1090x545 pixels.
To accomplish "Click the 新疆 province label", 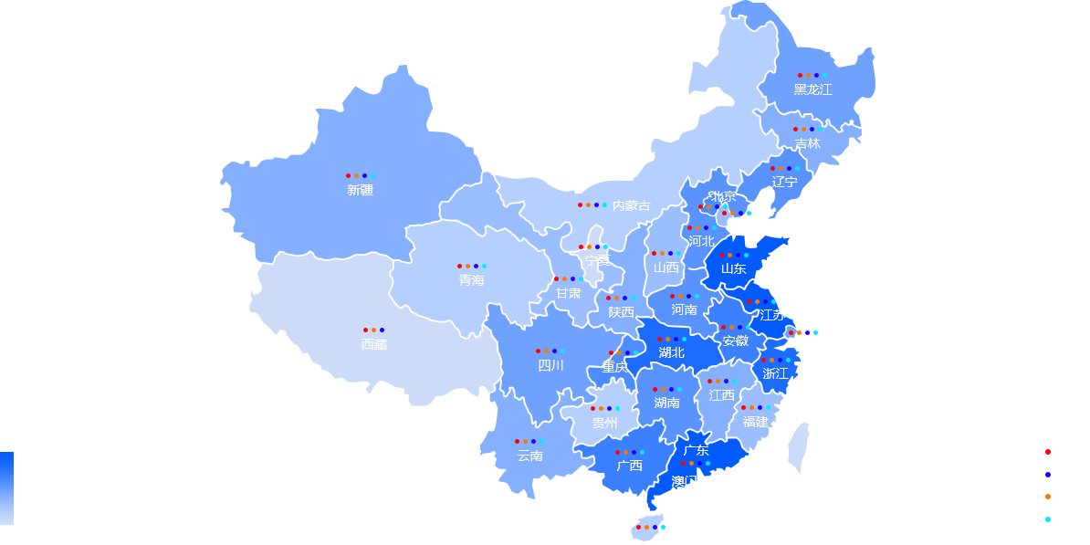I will pyautogui.click(x=360, y=190).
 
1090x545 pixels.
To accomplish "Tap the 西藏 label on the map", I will pyautogui.click(x=373, y=344).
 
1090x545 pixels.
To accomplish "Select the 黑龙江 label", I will pyautogui.click(x=812, y=89).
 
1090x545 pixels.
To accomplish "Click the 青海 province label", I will pyautogui.click(x=471, y=280).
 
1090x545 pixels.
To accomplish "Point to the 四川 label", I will pyautogui.click(x=550, y=365).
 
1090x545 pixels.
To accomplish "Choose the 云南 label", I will pyautogui.click(x=529, y=456).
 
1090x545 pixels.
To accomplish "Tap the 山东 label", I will pyautogui.click(x=733, y=268).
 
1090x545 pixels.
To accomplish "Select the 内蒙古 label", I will pyautogui.click(x=631, y=205).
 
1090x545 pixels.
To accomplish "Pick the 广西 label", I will pyautogui.click(x=629, y=466).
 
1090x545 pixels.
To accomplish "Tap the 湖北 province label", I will pyautogui.click(x=671, y=352).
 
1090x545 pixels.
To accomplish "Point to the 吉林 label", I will pyautogui.click(x=807, y=143).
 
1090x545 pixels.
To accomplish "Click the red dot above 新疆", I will pyautogui.click(x=348, y=175).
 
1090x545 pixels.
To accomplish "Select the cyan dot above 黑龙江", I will pyautogui.click(x=824, y=75).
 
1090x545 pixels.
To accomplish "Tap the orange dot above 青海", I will pyautogui.click(x=467, y=267).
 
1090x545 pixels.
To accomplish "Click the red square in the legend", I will pyautogui.click(x=1048, y=452).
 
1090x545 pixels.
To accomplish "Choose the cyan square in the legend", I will pyautogui.click(x=1048, y=519).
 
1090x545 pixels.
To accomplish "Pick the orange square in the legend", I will pyautogui.click(x=1048, y=497).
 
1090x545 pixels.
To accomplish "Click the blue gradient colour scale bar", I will pyautogui.click(x=6, y=488).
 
